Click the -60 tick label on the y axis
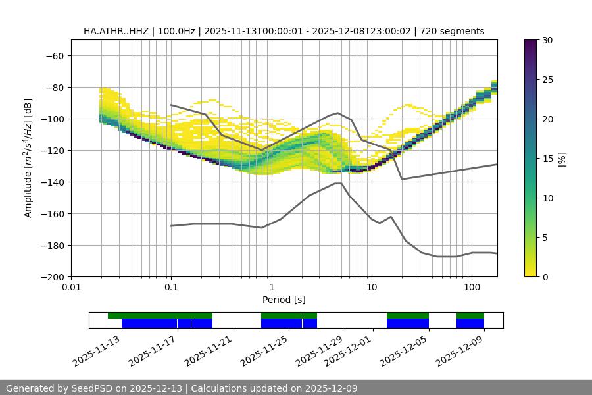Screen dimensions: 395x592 click(55, 55)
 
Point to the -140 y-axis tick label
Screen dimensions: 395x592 click(53, 182)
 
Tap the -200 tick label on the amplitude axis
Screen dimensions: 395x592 click(53, 276)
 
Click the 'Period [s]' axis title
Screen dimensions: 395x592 click(284, 300)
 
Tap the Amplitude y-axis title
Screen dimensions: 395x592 click(28, 159)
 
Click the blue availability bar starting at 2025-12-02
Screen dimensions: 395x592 click(408, 323)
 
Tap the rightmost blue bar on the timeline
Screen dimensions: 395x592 click(470, 323)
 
